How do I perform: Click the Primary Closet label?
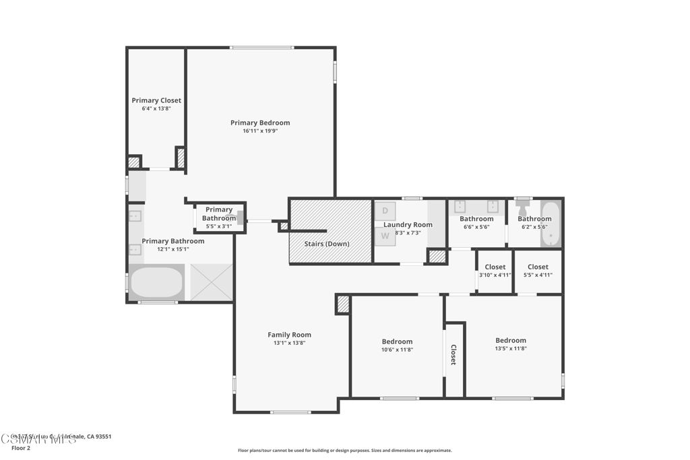tap(156, 100)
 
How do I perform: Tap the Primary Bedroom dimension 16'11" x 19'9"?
tap(260, 131)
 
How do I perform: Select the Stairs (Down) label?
tap(327, 244)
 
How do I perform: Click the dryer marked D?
tap(385, 211)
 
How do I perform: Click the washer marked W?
tap(385, 236)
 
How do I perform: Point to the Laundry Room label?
tap(408, 224)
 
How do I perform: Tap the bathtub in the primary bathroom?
tap(156, 283)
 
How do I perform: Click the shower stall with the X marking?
tap(212, 282)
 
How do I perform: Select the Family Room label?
tap(289, 335)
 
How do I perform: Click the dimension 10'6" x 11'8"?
tap(397, 350)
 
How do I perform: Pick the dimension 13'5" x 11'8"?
tap(510, 348)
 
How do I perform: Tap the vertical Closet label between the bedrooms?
tap(453, 355)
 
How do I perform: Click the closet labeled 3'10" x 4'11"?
tap(495, 271)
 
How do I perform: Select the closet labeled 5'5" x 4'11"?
tap(538, 271)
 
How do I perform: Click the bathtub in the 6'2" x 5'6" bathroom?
tap(551, 224)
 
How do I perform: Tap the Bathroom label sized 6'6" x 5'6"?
tap(476, 219)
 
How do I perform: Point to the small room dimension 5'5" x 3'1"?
tap(218, 226)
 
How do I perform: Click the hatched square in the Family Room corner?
tap(343, 304)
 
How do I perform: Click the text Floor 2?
tap(21, 448)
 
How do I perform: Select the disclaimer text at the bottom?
tap(344, 451)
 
